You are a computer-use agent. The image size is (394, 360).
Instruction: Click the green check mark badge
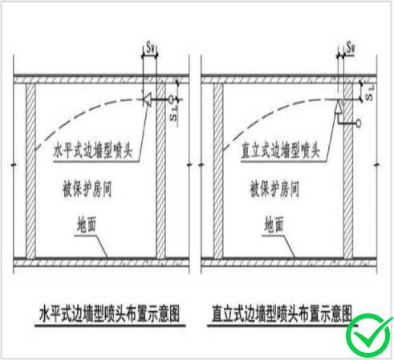(369, 336)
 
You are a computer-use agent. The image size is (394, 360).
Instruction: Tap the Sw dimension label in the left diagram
(151, 47)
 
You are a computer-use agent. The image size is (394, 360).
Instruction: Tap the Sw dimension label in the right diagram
(351, 47)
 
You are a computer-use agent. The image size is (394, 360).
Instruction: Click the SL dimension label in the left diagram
(174, 113)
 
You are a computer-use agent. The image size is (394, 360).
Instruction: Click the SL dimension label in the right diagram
(369, 93)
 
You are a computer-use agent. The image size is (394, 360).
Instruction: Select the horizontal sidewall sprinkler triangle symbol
(147, 100)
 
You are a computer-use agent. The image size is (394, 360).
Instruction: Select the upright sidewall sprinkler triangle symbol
(339, 107)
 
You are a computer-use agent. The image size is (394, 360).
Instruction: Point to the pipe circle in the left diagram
(170, 100)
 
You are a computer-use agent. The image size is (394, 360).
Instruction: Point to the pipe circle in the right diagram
(358, 123)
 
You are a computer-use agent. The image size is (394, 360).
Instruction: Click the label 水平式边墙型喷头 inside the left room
(93, 151)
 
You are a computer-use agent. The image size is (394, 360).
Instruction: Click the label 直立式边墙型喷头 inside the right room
(281, 151)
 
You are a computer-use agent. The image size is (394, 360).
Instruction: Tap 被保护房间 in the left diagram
(87, 188)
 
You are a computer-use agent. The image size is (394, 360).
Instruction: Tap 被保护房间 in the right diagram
(274, 188)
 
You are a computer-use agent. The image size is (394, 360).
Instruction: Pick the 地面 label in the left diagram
(87, 224)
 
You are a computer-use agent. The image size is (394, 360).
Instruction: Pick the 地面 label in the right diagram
(274, 224)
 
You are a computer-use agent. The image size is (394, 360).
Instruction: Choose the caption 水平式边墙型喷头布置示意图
(109, 313)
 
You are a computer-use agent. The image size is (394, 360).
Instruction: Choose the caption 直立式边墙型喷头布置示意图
(282, 313)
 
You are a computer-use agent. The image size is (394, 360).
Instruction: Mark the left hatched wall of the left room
(30, 171)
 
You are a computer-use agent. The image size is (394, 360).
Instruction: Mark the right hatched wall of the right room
(348, 171)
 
